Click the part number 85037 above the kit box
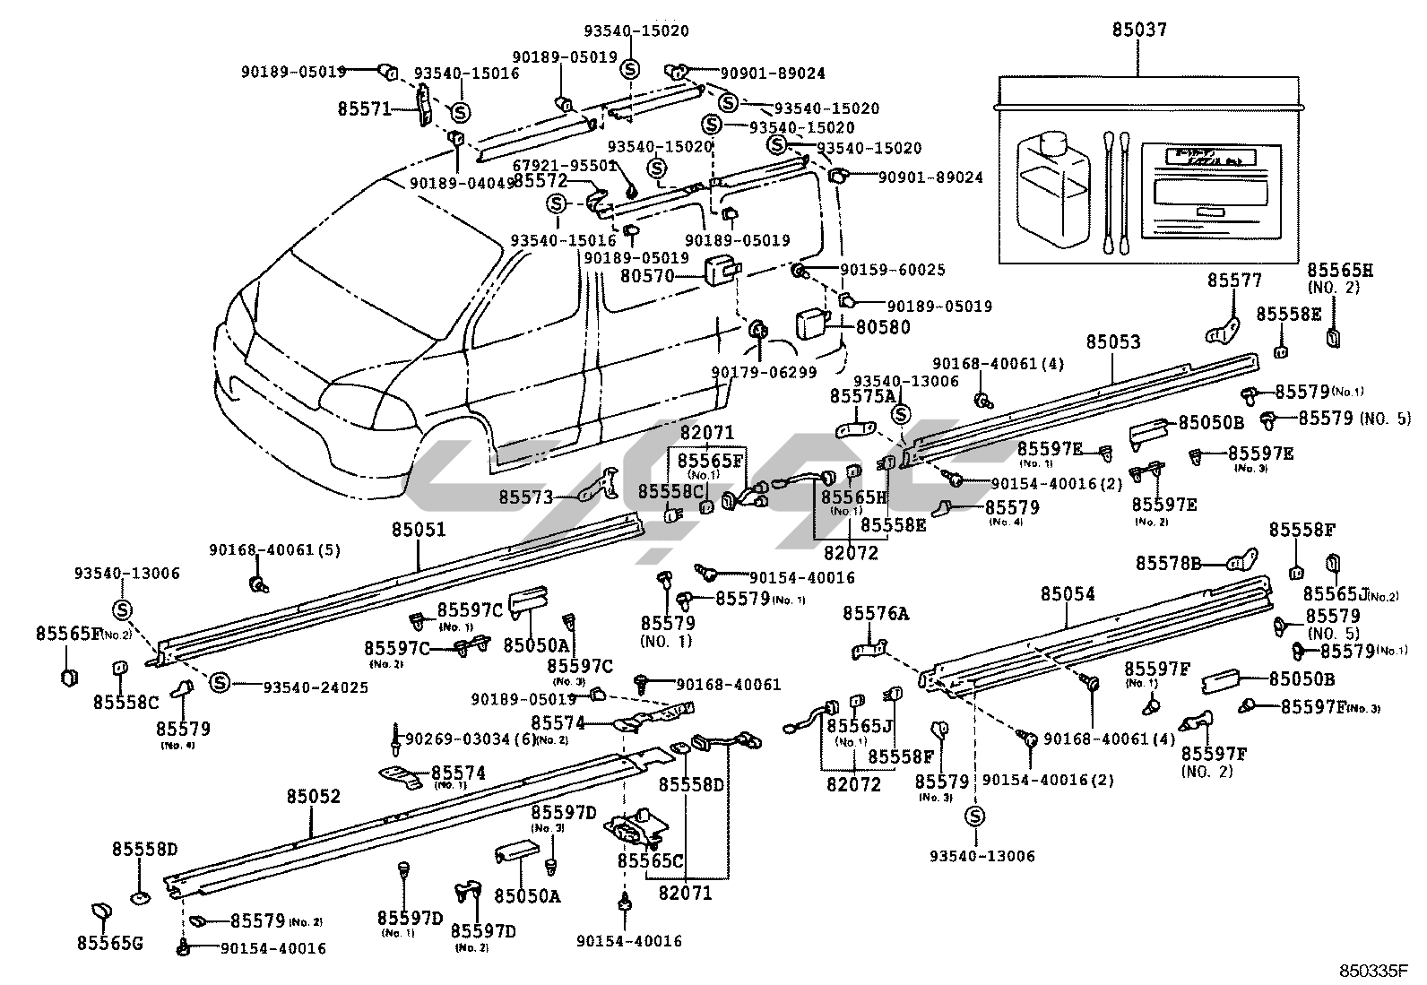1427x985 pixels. pyautogui.click(x=1139, y=30)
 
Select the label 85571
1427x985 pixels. pyautogui.click(x=364, y=109)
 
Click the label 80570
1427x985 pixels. pyautogui.click(x=647, y=277)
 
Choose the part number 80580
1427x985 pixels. pyautogui.click(x=882, y=328)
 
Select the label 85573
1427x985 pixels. pyautogui.click(x=527, y=496)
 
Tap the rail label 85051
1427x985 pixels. pyautogui.click(x=418, y=531)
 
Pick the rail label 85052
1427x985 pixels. pyautogui.click(x=314, y=796)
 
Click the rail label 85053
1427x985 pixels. pyautogui.click(x=1113, y=342)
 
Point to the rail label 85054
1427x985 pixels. pyautogui.click(x=1068, y=594)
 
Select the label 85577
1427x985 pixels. pyautogui.click(x=1233, y=281)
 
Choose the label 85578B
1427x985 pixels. pyautogui.click(x=1168, y=564)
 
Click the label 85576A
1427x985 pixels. pyautogui.click(x=875, y=613)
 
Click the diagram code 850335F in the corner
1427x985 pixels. pyautogui.click(x=1374, y=972)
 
